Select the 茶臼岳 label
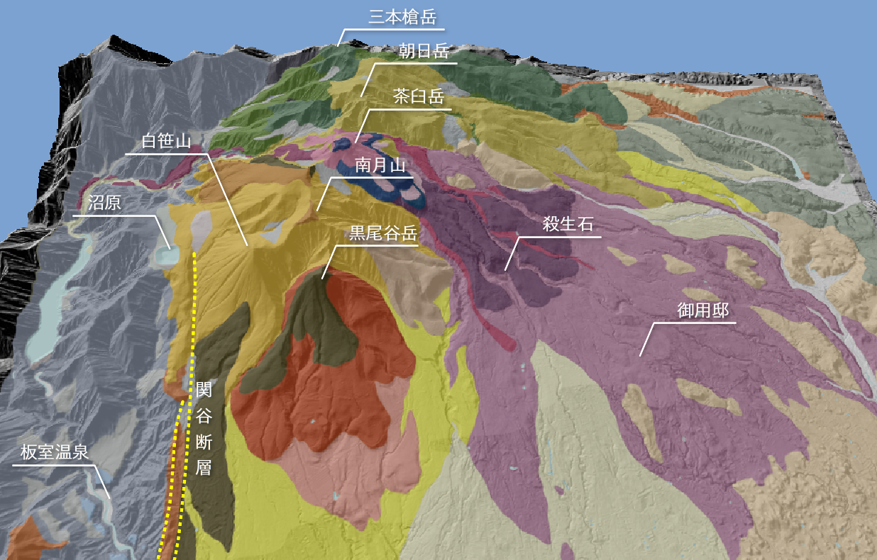click(419, 96)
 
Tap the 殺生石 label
click(567, 225)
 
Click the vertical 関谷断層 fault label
click(204, 428)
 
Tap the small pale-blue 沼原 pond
click(167, 254)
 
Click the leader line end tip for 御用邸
click(640, 355)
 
